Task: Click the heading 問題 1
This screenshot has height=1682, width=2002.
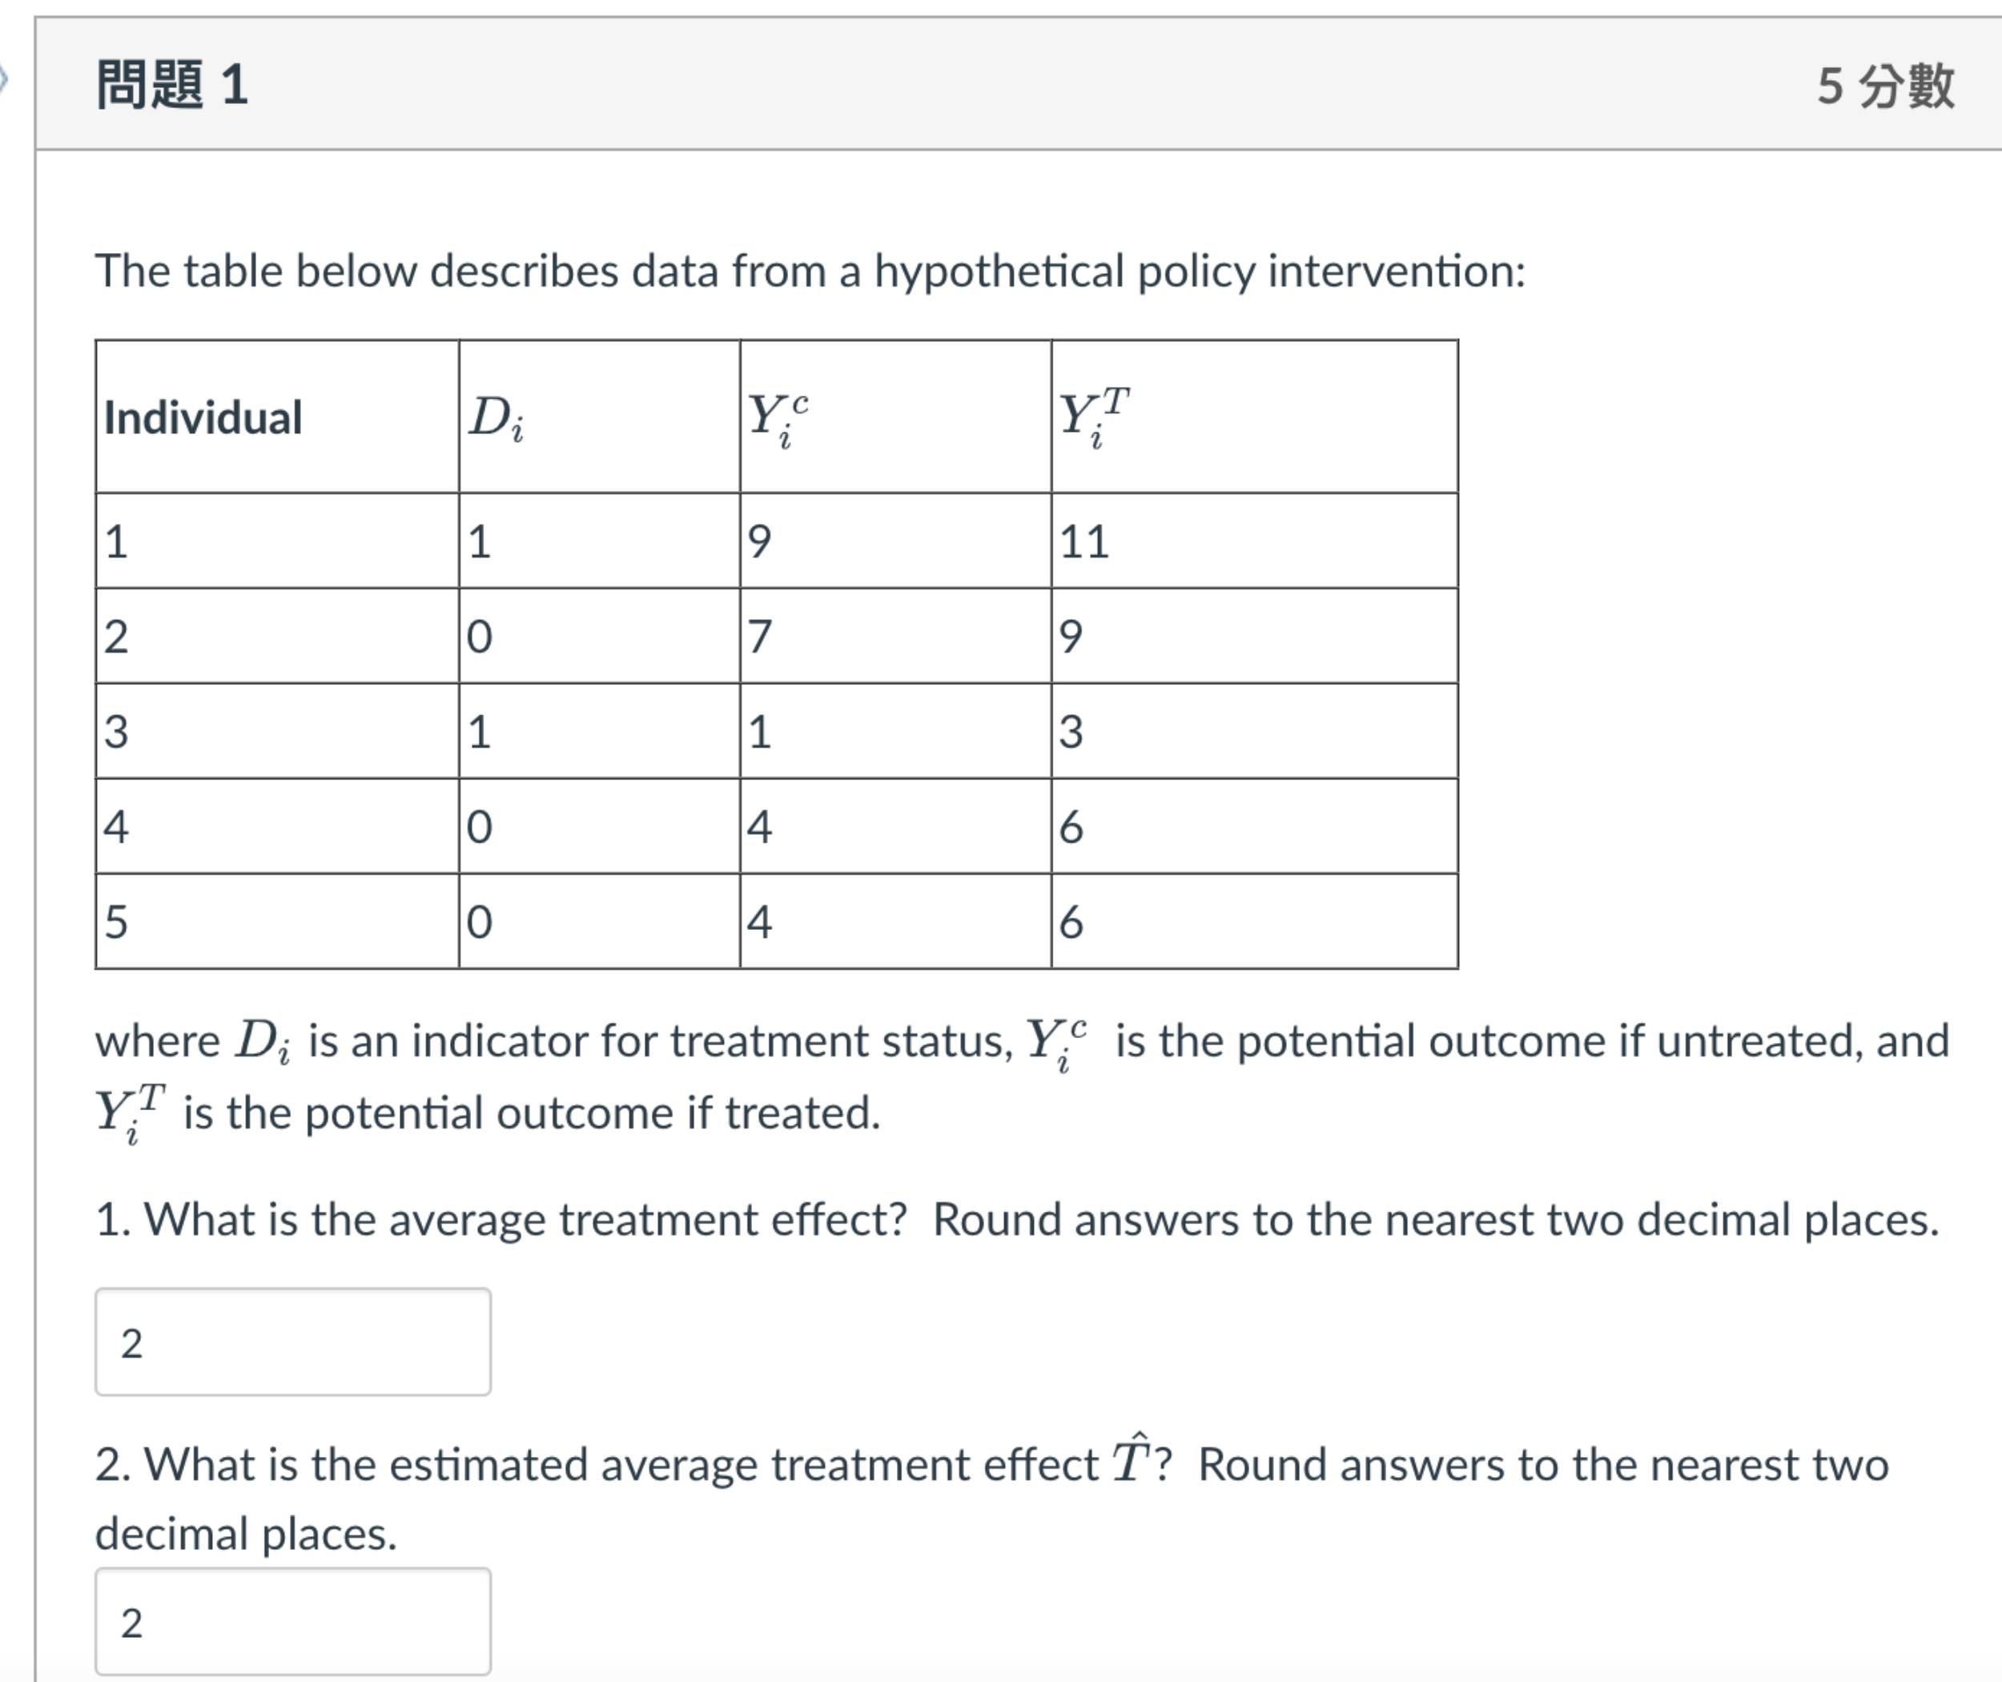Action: click(x=171, y=84)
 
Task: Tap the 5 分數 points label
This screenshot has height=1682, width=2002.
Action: click(x=1885, y=86)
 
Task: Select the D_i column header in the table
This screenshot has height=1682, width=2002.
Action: click(x=496, y=417)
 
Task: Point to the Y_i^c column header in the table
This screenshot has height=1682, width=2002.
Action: click(x=778, y=417)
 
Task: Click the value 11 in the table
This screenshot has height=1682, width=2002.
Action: click(x=1085, y=541)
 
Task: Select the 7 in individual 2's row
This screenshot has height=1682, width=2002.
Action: click(x=760, y=636)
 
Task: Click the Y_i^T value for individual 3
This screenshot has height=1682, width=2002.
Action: click(x=1071, y=731)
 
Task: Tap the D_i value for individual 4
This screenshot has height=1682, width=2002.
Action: click(x=480, y=827)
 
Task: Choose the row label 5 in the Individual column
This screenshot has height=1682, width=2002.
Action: click(x=116, y=922)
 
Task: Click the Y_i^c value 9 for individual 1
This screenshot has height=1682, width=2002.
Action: click(x=760, y=541)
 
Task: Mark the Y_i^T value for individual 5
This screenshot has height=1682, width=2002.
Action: click(x=1071, y=922)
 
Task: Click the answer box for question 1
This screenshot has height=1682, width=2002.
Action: click(x=292, y=1342)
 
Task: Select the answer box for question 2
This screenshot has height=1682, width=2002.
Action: click(x=292, y=1621)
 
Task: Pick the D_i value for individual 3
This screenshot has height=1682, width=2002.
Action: click(x=480, y=731)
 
